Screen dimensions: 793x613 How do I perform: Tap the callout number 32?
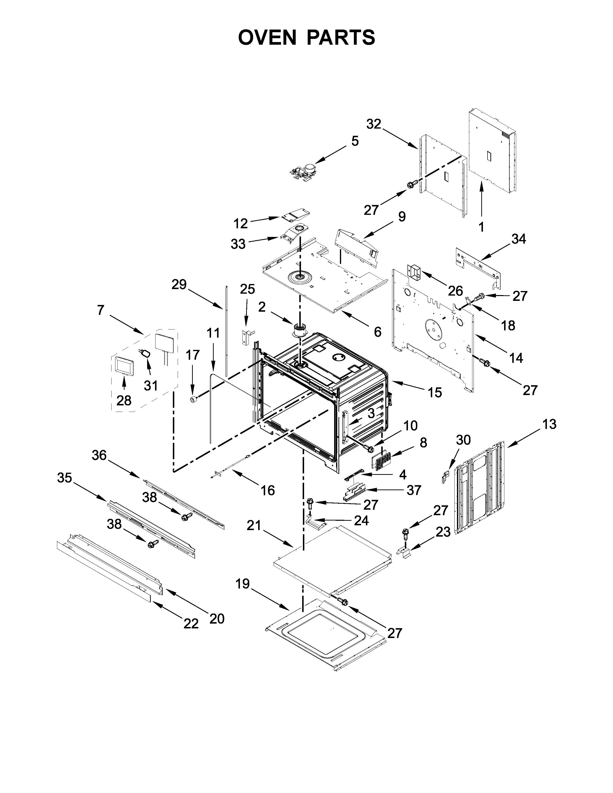[x=374, y=124]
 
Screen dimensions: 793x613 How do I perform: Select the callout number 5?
[x=355, y=141]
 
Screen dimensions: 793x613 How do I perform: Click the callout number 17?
[x=193, y=355]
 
